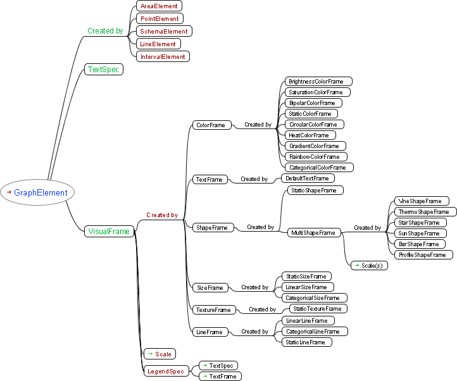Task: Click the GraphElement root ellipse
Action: (x=37, y=192)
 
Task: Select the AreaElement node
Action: (x=159, y=6)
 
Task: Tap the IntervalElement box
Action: (x=163, y=56)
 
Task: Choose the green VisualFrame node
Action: (x=110, y=232)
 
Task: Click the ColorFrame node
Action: (x=210, y=125)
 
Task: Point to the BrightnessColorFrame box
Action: (x=316, y=82)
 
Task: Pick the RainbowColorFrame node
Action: (x=314, y=157)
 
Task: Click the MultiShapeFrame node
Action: (x=313, y=233)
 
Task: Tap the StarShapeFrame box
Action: (x=418, y=223)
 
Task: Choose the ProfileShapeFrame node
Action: (x=423, y=255)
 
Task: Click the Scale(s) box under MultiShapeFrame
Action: (x=369, y=266)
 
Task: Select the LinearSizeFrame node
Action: (x=306, y=287)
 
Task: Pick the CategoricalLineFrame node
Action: (x=313, y=332)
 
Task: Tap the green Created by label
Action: (x=105, y=31)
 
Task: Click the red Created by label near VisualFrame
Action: (x=161, y=215)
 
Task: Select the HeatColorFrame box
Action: (x=309, y=135)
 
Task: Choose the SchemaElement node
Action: (x=164, y=31)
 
